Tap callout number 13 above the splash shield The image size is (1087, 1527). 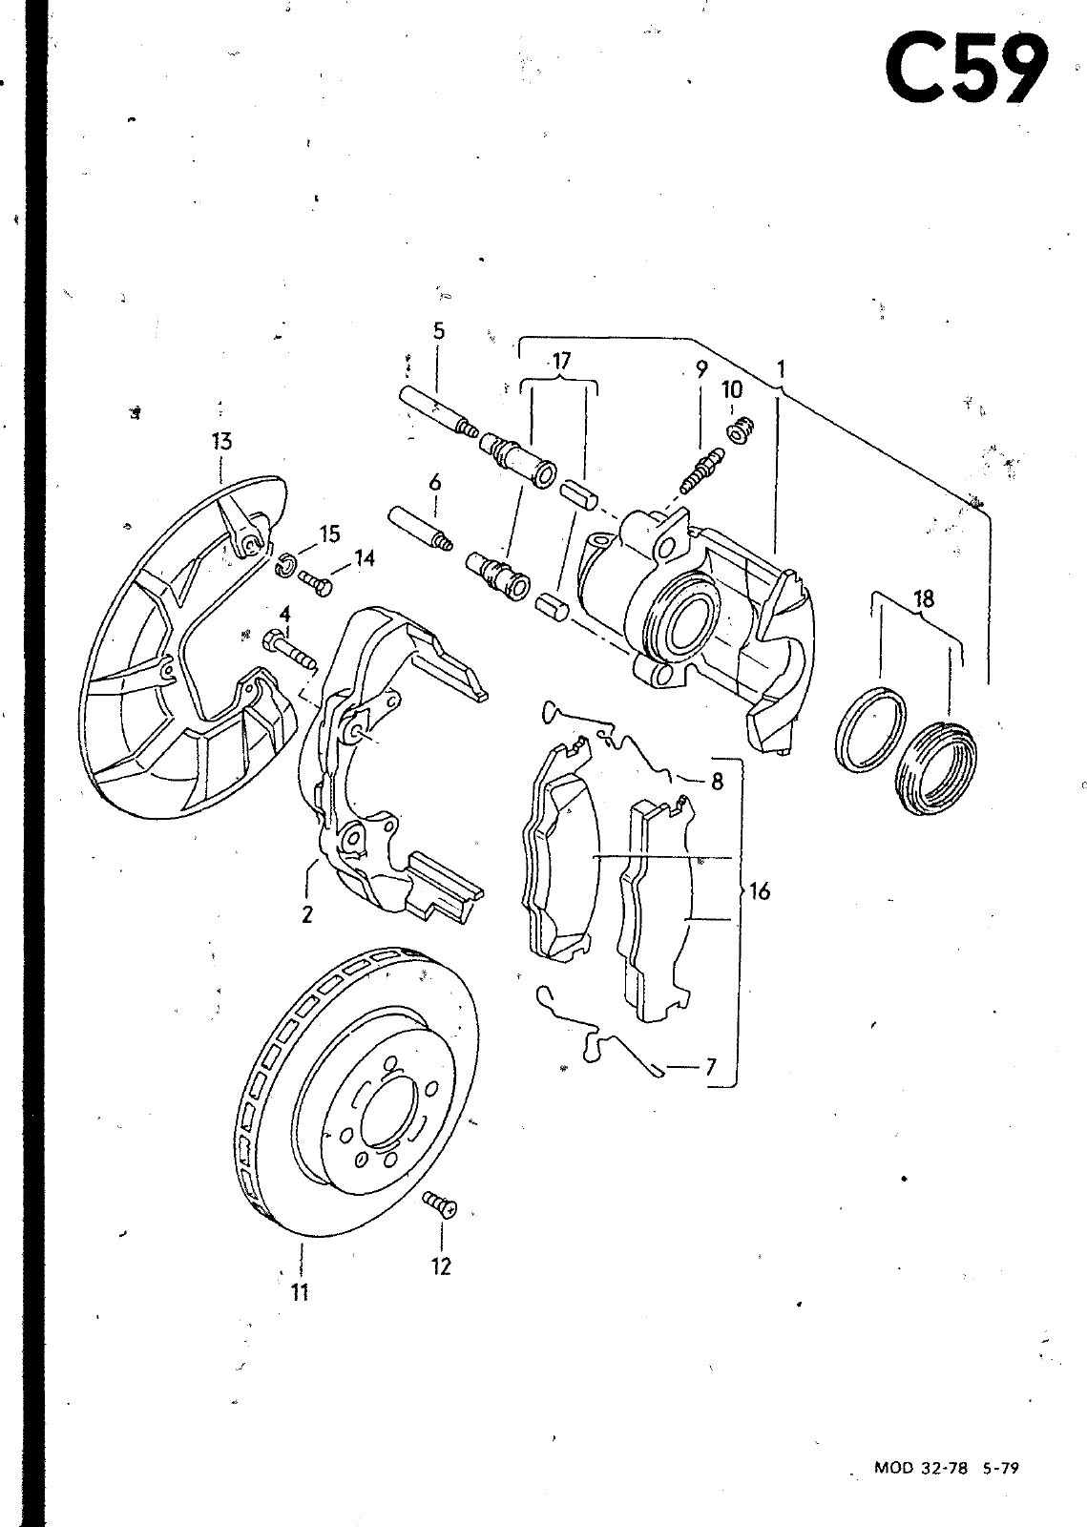[221, 441]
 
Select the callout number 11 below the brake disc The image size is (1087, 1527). [300, 1291]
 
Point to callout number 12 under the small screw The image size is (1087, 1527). [441, 1266]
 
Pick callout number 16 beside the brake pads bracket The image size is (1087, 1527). [760, 890]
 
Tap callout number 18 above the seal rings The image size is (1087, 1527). [924, 599]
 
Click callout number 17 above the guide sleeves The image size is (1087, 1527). [560, 362]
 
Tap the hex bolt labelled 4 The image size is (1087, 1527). [289, 648]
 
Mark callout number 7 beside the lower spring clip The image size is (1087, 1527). [711, 1065]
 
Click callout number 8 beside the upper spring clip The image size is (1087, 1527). [717, 782]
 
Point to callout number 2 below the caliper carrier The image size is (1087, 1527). [306, 914]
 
